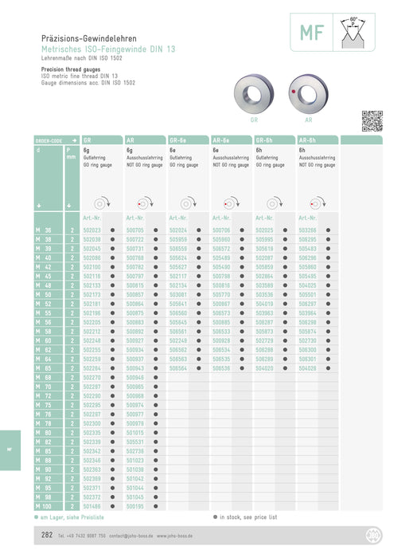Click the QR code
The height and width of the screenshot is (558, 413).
pyautogui.click(x=372, y=121)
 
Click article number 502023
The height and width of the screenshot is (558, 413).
pyautogui.click(x=92, y=230)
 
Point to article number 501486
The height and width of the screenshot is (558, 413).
pyautogui.click(x=92, y=505)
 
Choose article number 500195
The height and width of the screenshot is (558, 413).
pyautogui.click(x=135, y=505)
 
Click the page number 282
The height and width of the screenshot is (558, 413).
pyautogui.click(x=48, y=536)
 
